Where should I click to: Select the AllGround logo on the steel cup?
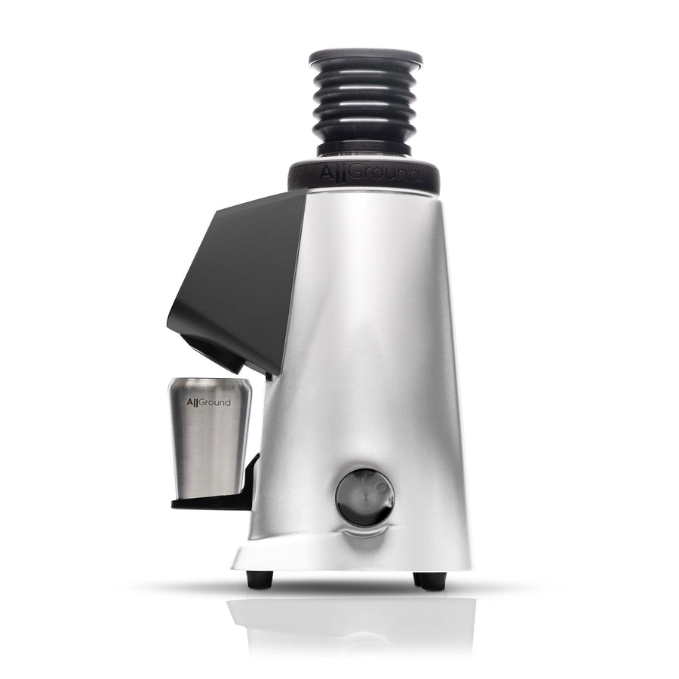[x=210, y=402]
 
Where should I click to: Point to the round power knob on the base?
[x=364, y=496]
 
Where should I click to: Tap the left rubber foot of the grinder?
[x=260, y=579]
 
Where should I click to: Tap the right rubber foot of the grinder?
[x=430, y=580]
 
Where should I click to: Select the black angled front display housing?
[x=234, y=272]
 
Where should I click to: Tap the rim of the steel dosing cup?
[x=210, y=381]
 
